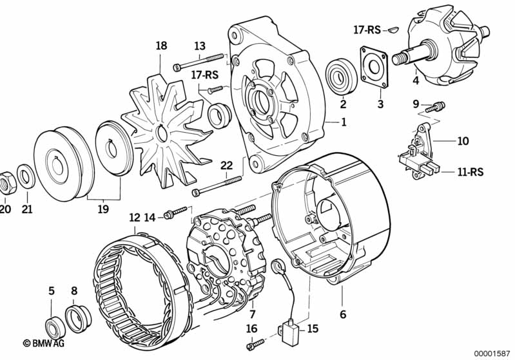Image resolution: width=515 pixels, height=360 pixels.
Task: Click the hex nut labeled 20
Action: tap(7, 183)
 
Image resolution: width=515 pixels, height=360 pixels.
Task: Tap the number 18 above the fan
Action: tap(161, 45)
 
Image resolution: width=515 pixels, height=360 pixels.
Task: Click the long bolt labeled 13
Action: tap(198, 62)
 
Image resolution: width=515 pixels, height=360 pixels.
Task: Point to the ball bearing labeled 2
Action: tap(342, 76)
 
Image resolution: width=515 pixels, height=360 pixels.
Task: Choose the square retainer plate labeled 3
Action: tap(374, 67)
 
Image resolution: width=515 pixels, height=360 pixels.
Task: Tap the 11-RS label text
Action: tap(471, 172)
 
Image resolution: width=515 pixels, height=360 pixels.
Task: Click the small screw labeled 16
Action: tap(255, 344)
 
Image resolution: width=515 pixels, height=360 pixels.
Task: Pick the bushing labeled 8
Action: tap(78, 319)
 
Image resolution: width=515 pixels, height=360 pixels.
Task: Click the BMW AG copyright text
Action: tap(43, 343)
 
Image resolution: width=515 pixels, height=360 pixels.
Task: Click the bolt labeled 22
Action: tap(217, 185)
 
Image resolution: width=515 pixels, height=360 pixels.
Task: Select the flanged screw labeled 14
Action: tap(177, 212)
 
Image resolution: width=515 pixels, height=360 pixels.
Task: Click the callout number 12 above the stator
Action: tap(135, 218)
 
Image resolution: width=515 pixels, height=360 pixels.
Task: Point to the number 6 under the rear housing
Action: tap(343, 314)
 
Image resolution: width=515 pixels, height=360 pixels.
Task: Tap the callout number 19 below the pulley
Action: tap(103, 209)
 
